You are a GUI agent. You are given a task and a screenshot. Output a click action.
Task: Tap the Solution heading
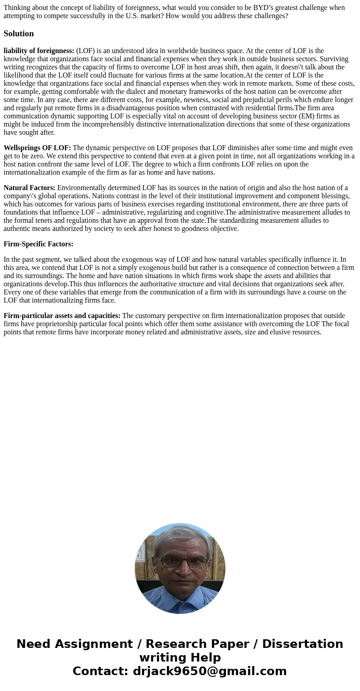pyautogui.click(x=19, y=34)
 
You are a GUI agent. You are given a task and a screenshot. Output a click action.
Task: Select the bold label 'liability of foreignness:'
pyautogui.click(x=39, y=51)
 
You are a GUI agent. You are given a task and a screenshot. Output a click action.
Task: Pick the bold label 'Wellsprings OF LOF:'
pyautogui.click(x=37, y=148)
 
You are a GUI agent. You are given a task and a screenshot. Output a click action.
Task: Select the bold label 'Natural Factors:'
pyautogui.click(x=29, y=188)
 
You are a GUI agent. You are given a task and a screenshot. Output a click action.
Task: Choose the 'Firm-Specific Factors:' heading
pyautogui.click(x=39, y=244)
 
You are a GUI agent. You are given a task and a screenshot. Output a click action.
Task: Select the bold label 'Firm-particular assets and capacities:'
pyautogui.click(x=62, y=316)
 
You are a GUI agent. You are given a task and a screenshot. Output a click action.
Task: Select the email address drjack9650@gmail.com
pyautogui.click(x=209, y=671)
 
